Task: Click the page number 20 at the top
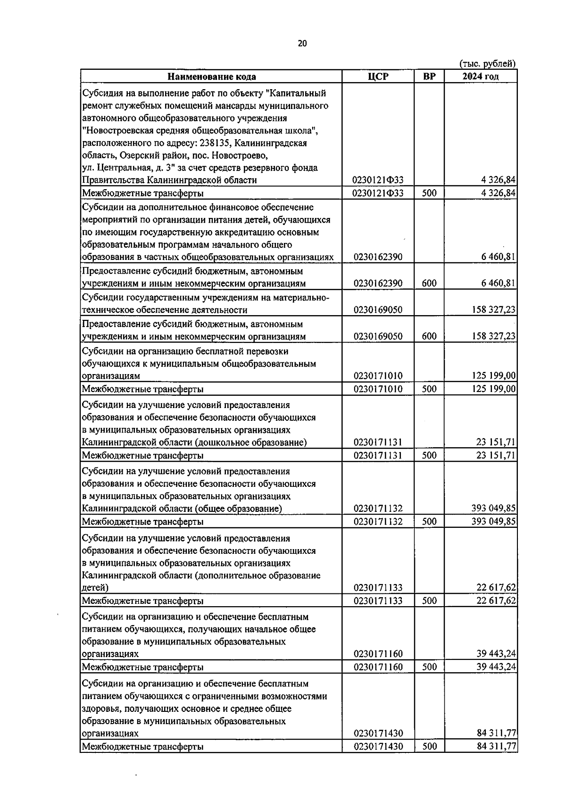click(x=302, y=43)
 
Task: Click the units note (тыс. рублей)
click(x=487, y=63)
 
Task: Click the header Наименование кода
click(x=212, y=76)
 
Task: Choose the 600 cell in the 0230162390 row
click(x=429, y=284)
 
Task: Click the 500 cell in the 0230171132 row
click(x=429, y=522)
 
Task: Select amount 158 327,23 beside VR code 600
click(x=493, y=336)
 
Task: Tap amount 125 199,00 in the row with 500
click(x=493, y=389)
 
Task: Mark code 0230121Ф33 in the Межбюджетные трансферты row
click(x=377, y=193)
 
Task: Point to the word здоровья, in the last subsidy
click(x=100, y=709)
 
